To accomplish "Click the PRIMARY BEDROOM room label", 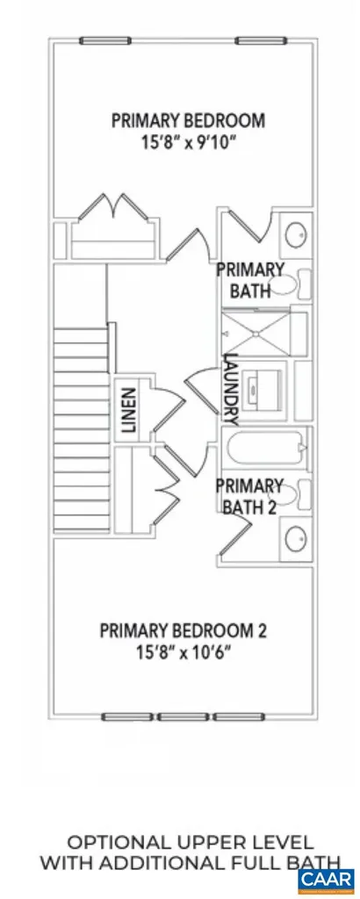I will (x=188, y=120).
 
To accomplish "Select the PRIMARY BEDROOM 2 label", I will (x=183, y=630).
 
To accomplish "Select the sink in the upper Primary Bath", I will (x=297, y=235).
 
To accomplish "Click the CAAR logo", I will (x=325, y=877).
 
